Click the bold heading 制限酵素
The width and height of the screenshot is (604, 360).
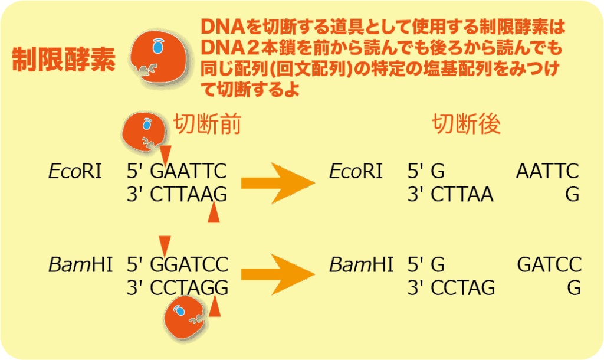(x=64, y=60)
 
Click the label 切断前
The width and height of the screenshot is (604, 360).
(x=207, y=124)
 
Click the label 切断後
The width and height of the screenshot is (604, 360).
(x=466, y=124)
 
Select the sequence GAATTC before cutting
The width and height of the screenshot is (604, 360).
(x=188, y=171)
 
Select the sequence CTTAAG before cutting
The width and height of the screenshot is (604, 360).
(x=188, y=195)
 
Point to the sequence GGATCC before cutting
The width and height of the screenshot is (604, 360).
(x=189, y=265)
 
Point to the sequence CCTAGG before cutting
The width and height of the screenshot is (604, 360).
(x=189, y=288)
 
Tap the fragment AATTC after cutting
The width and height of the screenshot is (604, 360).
(x=547, y=171)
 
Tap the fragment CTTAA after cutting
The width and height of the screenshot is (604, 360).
(x=462, y=195)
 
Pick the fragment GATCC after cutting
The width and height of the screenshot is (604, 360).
(x=549, y=265)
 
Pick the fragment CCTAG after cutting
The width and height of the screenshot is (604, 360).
(x=463, y=288)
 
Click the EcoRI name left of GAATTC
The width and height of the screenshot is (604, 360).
(x=75, y=171)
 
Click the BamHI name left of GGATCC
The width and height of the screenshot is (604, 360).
(x=80, y=265)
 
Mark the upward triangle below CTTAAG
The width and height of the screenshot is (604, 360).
(x=214, y=213)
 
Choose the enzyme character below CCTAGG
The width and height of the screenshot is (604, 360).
(x=184, y=318)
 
